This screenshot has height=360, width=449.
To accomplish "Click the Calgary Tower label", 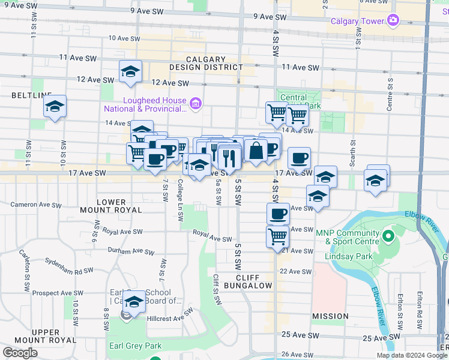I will tap(357, 22).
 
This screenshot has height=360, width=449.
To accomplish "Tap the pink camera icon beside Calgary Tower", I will tap(393, 21).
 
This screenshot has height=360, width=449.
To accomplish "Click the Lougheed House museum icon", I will tap(196, 105).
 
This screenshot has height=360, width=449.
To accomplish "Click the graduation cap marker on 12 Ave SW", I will tap(130, 72).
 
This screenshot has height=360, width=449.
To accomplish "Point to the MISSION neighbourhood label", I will tap(330, 316).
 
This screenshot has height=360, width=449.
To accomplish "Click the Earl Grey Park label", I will tap(136, 346).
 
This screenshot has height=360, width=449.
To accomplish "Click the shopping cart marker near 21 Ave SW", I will tap(278, 236).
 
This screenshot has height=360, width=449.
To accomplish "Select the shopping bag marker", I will tap(256, 150).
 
